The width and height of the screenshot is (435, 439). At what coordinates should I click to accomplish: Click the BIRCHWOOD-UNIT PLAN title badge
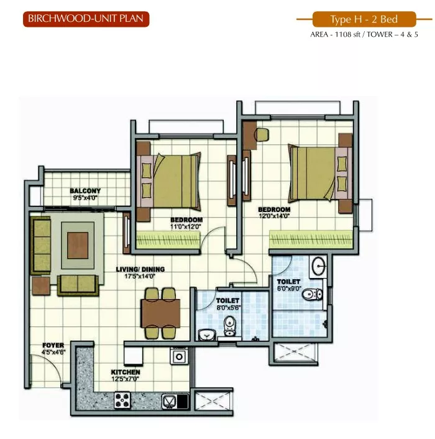pyautogui.click(x=86, y=19)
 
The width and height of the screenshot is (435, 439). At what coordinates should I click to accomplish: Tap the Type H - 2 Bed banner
pyautogui.click(x=364, y=19)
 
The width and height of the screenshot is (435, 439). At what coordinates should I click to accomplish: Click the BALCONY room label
pyautogui.click(x=85, y=191)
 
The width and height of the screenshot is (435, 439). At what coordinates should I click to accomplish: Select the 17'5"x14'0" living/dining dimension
pyautogui.click(x=140, y=276)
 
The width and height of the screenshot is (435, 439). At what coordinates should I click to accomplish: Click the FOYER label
pyautogui.click(x=53, y=345)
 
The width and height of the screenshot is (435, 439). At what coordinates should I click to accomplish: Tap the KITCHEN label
pyautogui.click(x=126, y=372)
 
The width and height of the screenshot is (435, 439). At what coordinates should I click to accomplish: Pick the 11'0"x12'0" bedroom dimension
pyautogui.click(x=186, y=226)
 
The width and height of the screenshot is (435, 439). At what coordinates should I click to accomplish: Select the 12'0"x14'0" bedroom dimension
pyautogui.click(x=274, y=216)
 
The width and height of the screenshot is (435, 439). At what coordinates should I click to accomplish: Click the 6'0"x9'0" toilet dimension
pyautogui.click(x=289, y=289)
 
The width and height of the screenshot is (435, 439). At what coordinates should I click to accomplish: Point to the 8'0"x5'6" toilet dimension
pyautogui.click(x=229, y=307)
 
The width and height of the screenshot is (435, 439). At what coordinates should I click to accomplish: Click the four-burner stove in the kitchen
pyautogui.click(x=122, y=400)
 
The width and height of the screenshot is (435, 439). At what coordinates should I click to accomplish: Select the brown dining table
pyautogui.click(x=160, y=313)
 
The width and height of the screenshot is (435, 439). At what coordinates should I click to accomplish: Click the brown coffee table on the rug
pyautogui.click(x=78, y=246)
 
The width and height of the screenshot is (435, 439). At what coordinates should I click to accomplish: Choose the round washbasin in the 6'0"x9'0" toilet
pyautogui.click(x=319, y=266)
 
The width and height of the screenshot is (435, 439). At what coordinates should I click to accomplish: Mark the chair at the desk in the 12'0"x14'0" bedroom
pyautogui.click(x=262, y=135)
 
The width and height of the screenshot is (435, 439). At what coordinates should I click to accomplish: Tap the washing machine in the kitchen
pyautogui.click(x=179, y=356)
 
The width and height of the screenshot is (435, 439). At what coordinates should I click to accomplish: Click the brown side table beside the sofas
pyautogui.click(x=41, y=285)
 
